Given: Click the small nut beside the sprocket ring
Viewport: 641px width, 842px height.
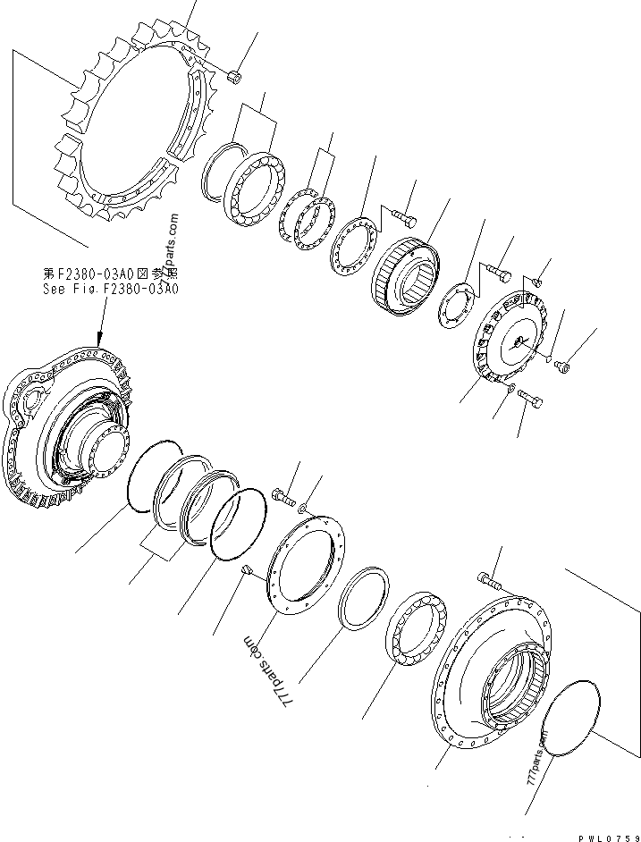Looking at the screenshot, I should [233, 78].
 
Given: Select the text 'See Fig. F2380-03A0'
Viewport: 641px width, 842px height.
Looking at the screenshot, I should [111, 289].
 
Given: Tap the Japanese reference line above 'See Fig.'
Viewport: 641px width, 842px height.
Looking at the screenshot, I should [111, 274].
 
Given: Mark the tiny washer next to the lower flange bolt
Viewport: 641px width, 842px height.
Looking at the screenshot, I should [304, 509].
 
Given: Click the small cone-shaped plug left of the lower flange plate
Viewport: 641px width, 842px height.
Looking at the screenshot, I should [250, 570].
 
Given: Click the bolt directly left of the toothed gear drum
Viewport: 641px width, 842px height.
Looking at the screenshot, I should [401, 215].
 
